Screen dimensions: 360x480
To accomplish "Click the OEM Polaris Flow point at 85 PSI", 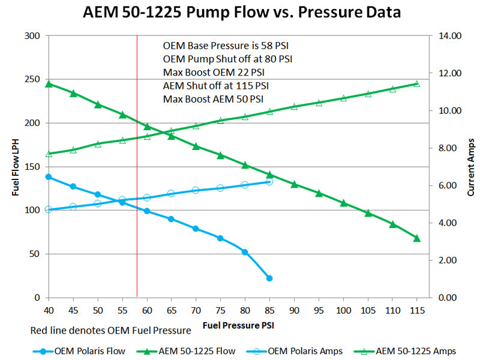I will click(x=269, y=278).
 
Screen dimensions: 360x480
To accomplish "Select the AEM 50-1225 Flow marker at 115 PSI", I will click(x=417, y=238).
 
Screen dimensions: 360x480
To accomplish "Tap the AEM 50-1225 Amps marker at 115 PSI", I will click(x=417, y=84).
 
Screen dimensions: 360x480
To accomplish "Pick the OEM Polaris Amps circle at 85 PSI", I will click(x=269, y=181).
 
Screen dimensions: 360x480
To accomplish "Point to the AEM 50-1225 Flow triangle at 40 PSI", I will click(x=49, y=84).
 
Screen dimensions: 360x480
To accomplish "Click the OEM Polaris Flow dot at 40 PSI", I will click(x=49, y=177).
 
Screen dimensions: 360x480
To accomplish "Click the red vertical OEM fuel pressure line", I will click(x=137, y=180).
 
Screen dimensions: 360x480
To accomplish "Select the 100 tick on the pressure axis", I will click(x=343, y=310).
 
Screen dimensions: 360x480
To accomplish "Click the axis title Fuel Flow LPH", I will click(x=16, y=167).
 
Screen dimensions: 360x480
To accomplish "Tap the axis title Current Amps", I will click(x=471, y=167).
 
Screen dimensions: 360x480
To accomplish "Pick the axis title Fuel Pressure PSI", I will click(x=239, y=326).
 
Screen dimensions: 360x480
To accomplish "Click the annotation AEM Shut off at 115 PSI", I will click(x=215, y=85).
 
